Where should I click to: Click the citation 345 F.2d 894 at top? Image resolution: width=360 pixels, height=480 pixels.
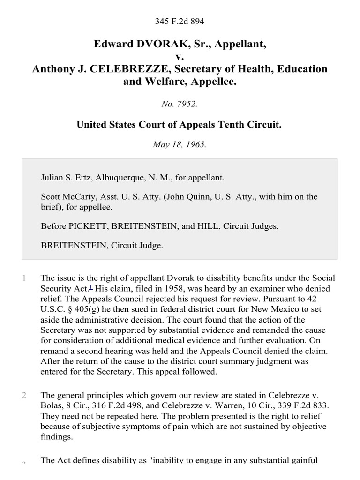(x=180, y=22)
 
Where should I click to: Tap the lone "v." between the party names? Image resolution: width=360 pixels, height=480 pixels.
(x=180, y=57)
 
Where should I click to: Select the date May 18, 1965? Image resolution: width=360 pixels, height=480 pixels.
(x=180, y=144)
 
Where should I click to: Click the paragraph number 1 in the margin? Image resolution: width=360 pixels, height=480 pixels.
(x=24, y=278)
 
